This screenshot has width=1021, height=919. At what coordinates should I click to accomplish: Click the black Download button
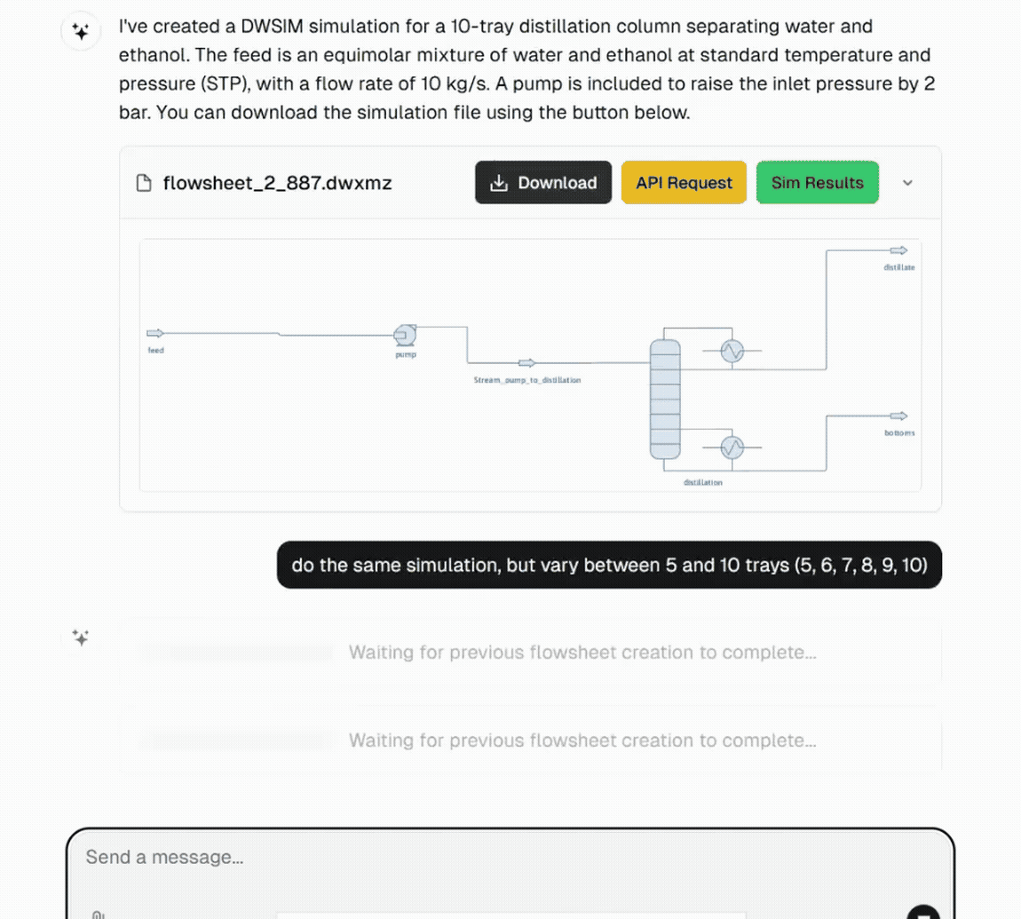[x=543, y=183]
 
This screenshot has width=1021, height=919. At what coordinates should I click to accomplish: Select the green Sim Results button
[x=817, y=183]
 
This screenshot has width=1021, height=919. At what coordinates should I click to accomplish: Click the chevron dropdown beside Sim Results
[x=907, y=183]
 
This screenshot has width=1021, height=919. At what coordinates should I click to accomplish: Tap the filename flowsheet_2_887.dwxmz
[x=277, y=183]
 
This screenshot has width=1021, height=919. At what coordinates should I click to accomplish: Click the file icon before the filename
[x=144, y=183]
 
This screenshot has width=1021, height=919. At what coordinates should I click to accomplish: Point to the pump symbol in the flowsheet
[x=405, y=335]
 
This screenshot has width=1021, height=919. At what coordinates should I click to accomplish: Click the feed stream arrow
[x=155, y=333]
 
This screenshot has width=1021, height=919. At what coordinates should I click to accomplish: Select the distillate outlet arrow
[x=898, y=250]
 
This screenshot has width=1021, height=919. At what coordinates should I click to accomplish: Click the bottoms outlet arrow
[x=898, y=416]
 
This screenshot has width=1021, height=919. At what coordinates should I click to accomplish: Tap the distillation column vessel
[x=664, y=398]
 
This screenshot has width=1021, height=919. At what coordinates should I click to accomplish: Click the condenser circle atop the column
[x=732, y=352]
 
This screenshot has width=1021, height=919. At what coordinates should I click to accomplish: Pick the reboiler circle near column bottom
[x=732, y=447]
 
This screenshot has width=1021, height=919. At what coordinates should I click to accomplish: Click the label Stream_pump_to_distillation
[x=527, y=379]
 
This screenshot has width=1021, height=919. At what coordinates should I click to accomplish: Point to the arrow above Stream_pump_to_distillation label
[x=526, y=362]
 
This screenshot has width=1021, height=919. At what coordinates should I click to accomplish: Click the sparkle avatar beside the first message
[x=80, y=33]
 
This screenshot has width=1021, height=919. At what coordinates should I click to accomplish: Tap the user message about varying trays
[x=609, y=566]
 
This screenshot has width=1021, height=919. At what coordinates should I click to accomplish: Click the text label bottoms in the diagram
[x=898, y=433]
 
